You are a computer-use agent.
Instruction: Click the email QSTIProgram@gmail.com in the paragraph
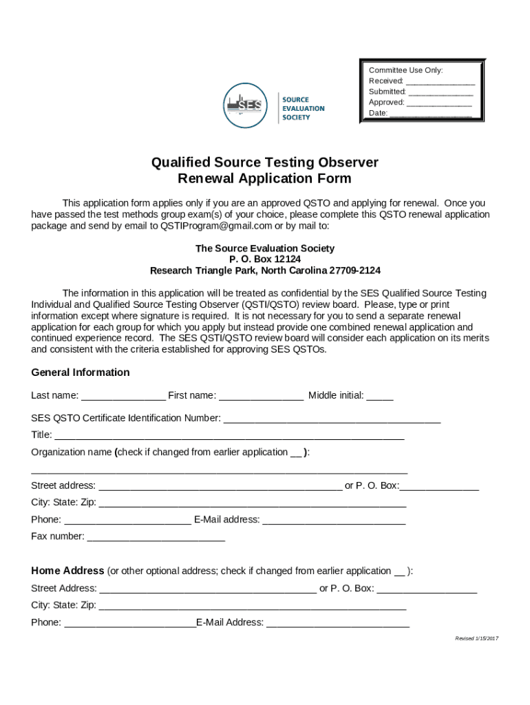click(216, 225)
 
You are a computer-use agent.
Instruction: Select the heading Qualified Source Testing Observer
click(265, 162)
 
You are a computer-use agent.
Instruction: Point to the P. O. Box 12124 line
click(265, 259)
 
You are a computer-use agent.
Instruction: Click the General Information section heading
click(81, 372)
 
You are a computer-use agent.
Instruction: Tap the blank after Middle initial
click(379, 397)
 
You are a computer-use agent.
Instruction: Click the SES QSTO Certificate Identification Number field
click(332, 419)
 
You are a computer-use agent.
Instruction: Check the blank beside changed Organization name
click(296, 453)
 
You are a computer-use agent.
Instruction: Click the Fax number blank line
click(156, 537)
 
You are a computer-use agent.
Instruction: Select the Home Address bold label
click(67, 571)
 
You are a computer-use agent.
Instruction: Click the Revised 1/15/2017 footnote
click(476, 639)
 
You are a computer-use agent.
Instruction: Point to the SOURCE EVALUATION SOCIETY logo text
click(303, 108)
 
